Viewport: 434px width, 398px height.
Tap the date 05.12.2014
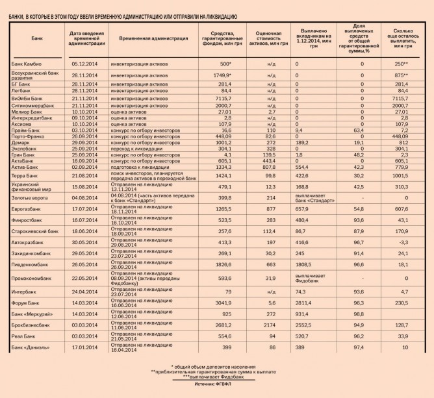84,64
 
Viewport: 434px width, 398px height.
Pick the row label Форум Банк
27,303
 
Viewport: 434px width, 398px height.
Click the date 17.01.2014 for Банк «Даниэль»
84,349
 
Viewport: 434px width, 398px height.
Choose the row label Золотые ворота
29,198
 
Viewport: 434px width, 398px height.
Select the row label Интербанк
25,292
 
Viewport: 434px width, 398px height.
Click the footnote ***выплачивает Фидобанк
216,378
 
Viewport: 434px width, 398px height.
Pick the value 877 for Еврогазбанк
266,209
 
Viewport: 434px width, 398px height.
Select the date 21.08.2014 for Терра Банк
84,175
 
